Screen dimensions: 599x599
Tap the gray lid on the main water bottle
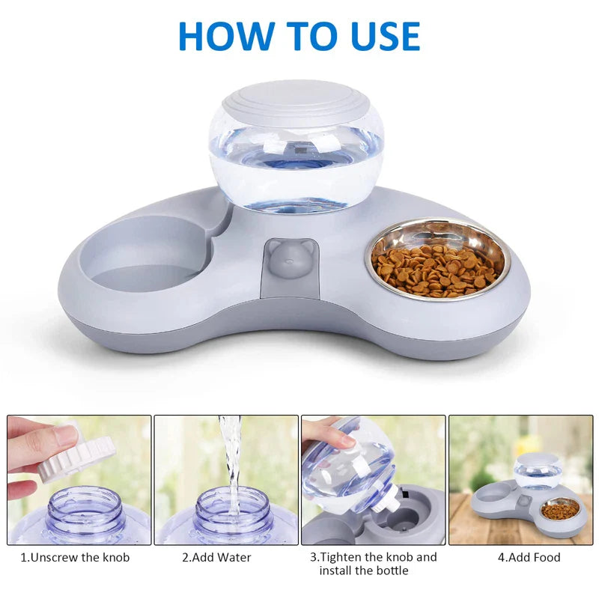[296, 99]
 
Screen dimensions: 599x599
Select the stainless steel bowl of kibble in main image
[437, 259]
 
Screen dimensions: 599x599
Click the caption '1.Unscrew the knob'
[75, 557]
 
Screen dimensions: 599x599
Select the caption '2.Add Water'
[217, 557]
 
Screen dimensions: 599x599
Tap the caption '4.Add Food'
[529, 557]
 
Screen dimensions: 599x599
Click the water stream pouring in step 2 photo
[230, 457]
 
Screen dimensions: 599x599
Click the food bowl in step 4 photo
[560, 510]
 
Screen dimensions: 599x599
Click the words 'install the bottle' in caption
[364, 571]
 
